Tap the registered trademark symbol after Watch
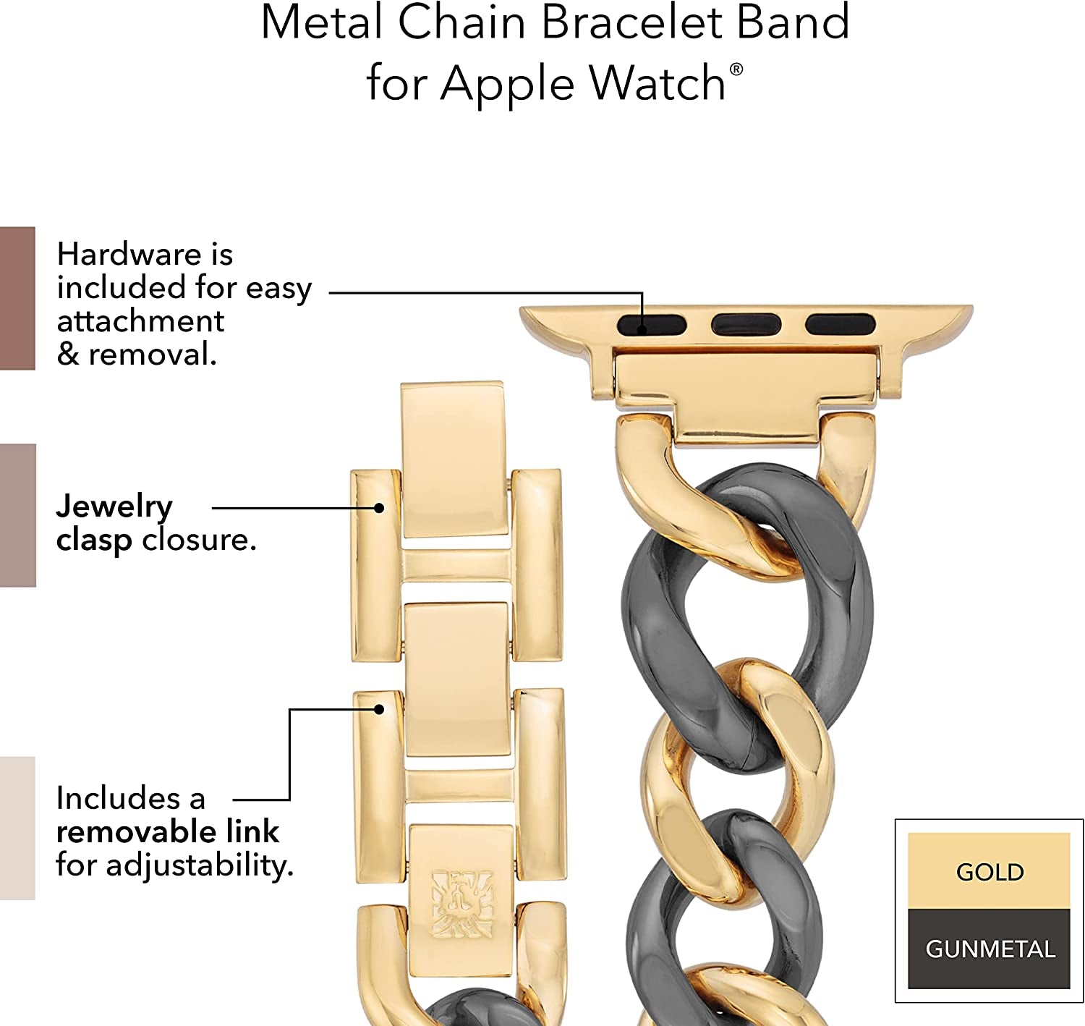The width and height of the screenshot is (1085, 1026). tap(736, 69)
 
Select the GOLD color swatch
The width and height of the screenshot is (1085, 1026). tap(989, 871)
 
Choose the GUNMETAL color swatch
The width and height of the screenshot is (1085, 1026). tap(989, 949)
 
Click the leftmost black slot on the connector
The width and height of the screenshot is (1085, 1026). tap(652, 325)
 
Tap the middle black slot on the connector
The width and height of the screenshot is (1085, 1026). tap(746, 324)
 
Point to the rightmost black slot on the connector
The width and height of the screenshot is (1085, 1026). tap(841, 324)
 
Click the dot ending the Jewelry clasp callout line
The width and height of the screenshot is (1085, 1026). tap(379, 508)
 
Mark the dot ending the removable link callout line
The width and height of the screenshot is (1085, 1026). tap(379, 709)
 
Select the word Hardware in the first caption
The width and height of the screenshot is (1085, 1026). tap(129, 254)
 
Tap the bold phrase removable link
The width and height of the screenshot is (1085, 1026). tap(167, 831)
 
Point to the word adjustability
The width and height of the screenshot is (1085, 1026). tap(200, 865)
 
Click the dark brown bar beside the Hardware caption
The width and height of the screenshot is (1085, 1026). tap(17, 298)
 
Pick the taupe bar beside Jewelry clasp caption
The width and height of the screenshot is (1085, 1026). tap(17, 515)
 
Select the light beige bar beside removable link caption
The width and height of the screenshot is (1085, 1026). tap(17, 828)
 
